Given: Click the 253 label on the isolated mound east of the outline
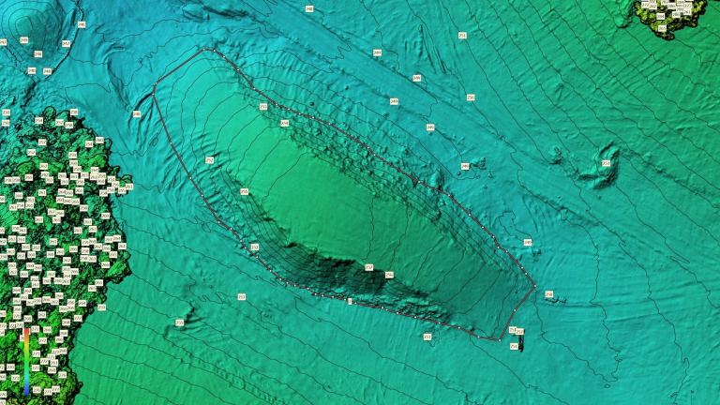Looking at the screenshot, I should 606,163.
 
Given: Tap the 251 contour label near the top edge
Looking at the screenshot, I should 462,35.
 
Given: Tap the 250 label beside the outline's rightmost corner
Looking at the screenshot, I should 548,294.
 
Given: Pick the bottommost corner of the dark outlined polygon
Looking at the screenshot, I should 498,339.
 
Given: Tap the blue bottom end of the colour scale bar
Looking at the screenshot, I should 25,386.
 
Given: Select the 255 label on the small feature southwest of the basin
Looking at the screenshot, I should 179,322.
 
